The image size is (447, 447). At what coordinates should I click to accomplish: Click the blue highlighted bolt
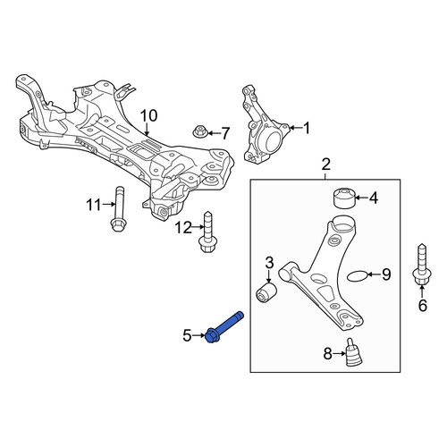pos(224,328)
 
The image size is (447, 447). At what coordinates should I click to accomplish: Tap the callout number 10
pos(148,116)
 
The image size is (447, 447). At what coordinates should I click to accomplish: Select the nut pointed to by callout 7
pos(198,131)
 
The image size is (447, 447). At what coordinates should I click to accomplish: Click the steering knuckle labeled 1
pos(263,125)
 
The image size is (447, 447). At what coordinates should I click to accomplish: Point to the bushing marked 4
pos(343,198)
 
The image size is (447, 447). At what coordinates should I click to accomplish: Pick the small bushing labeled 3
pos(266,293)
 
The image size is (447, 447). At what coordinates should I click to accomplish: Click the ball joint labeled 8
pos(354,352)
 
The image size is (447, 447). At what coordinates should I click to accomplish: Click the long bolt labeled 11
pos(119,208)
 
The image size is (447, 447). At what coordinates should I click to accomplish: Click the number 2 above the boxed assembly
pos(325,164)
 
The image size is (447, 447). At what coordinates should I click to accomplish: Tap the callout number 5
pos(187,335)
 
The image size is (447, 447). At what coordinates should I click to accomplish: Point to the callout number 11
pos(94,205)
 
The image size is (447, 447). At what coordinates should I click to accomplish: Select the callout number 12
pos(183,228)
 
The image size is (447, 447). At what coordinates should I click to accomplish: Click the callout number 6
pos(423,306)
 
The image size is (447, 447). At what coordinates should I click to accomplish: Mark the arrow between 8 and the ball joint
pos(339,354)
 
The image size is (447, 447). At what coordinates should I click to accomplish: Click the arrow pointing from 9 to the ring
pos(375,274)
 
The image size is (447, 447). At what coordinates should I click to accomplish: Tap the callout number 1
pos(307,128)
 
